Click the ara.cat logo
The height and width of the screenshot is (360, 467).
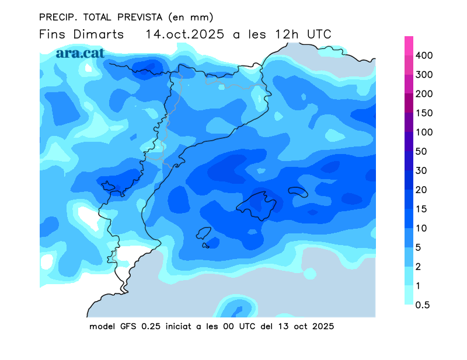(x=80, y=53)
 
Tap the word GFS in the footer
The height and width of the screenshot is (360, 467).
(x=128, y=326)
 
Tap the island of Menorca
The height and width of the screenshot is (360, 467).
(x=298, y=192)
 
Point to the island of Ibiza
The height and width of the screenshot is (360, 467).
(x=203, y=233)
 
